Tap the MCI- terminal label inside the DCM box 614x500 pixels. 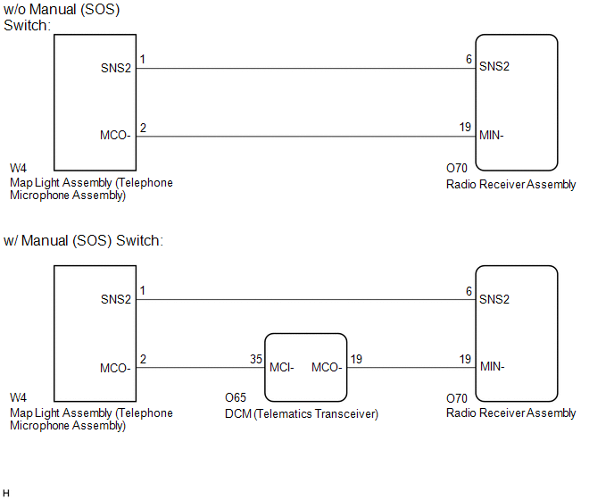(x=281, y=367)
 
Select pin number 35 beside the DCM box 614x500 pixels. (x=256, y=359)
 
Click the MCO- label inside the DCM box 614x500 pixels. (x=327, y=367)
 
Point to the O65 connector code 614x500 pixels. (x=236, y=397)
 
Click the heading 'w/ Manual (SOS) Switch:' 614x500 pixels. (x=83, y=240)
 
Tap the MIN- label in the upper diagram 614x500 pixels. (x=492, y=135)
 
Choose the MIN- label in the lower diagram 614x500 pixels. (x=493, y=366)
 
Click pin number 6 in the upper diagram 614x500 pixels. (x=469, y=59)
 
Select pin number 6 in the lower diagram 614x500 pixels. (x=469, y=291)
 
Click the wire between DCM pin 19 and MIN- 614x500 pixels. (x=411, y=368)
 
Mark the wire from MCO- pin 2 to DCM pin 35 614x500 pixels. (x=201, y=368)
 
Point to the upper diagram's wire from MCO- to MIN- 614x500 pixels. (x=306, y=137)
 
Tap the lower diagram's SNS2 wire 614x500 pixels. (x=306, y=300)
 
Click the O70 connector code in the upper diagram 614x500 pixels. (x=457, y=168)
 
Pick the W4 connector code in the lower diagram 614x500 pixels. (x=18, y=397)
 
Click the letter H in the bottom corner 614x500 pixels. (x=6, y=494)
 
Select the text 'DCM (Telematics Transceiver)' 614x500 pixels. (x=302, y=413)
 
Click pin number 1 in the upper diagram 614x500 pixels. (x=143, y=60)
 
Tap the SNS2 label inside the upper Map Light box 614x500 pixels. (x=116, y=68)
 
